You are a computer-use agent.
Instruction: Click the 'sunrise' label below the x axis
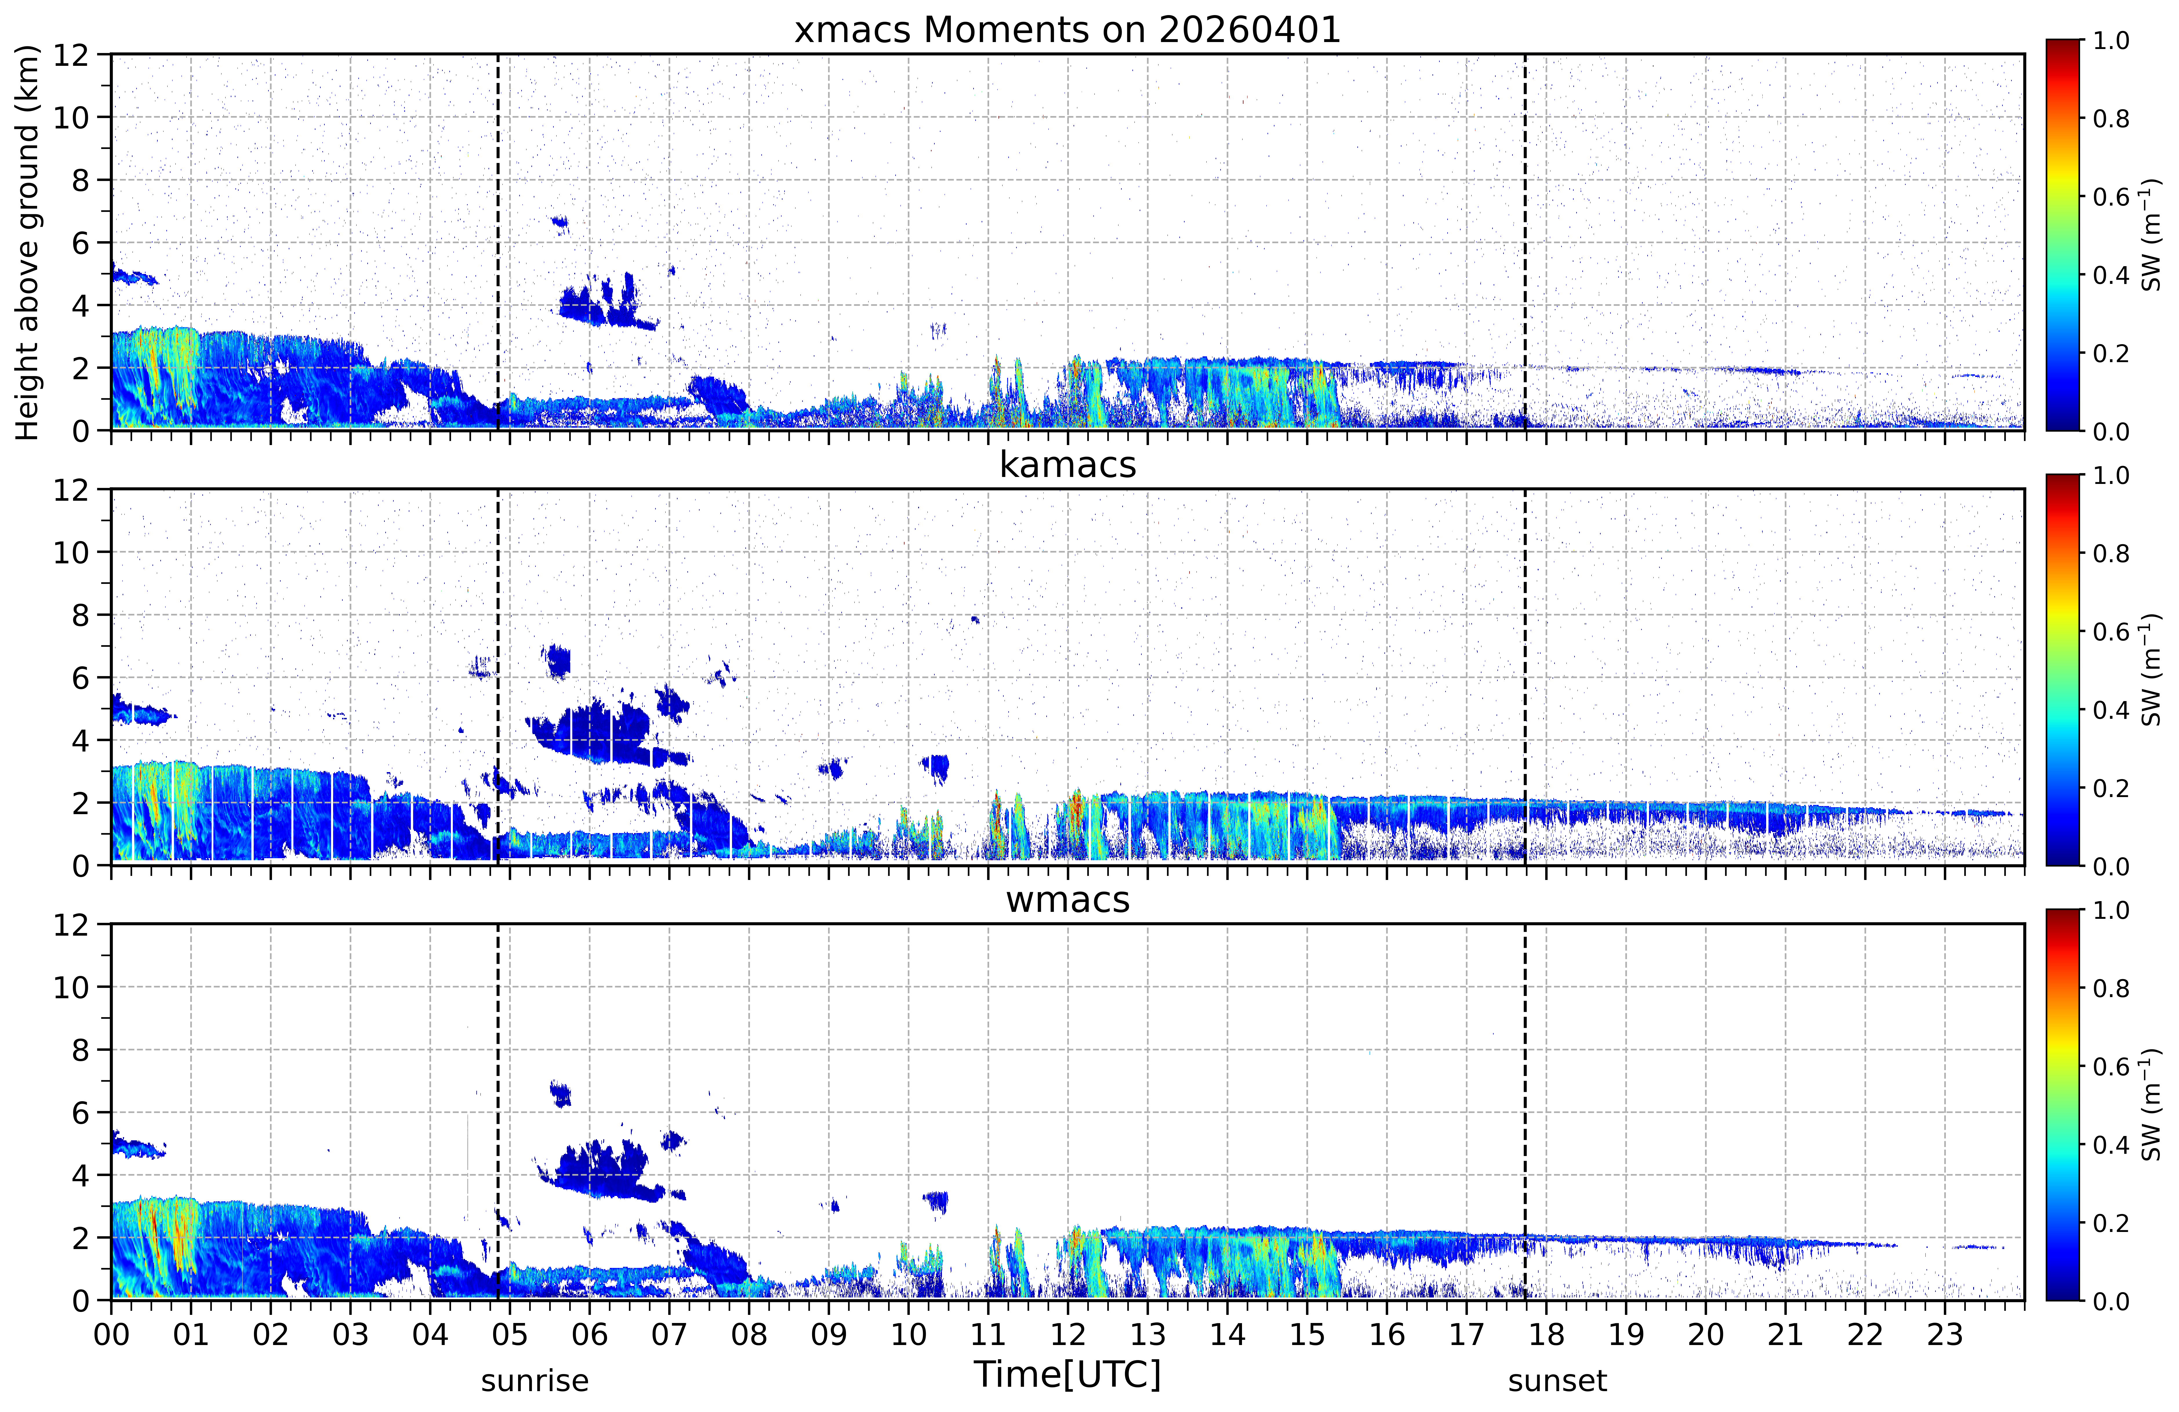tap(535, 1380)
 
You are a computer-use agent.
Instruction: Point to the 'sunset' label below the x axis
tap(1557, 1380)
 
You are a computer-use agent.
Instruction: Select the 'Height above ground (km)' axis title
tap(28, 243)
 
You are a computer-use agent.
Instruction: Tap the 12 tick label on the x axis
tap(1067, 1334)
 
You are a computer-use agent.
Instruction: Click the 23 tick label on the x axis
tap(1945, 1334)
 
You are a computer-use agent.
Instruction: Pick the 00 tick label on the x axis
tap(111, 1334)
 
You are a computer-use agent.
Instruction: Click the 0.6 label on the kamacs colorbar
tap(2111, 632)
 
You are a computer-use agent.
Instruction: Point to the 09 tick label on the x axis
tap(829, 1334)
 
